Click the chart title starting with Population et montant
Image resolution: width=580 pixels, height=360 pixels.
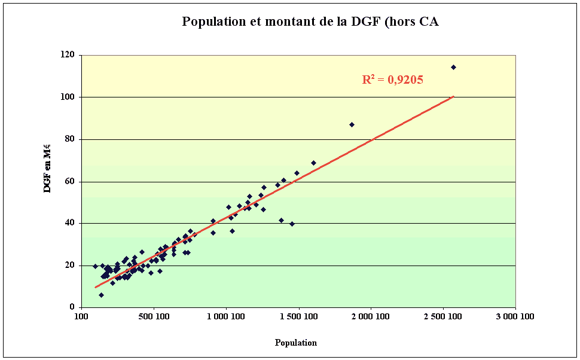pos(310,22)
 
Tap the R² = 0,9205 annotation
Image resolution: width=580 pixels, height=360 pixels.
pos(392,79)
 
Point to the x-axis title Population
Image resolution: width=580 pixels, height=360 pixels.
pos(296,343)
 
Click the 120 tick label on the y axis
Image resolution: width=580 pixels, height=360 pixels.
pos(68,55)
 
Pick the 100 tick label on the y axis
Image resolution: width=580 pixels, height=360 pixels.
pos(68,97)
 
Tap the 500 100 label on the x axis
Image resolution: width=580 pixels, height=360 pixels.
pos(154,318)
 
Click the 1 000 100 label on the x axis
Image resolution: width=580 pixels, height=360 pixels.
pos(225,318)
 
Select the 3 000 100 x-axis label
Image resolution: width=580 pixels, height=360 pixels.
pos(515,318)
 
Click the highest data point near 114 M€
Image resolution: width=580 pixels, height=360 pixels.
pos(453,67)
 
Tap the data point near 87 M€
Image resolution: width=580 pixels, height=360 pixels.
pos(352,124)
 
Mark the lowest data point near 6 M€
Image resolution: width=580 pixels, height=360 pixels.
pos(101,295)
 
